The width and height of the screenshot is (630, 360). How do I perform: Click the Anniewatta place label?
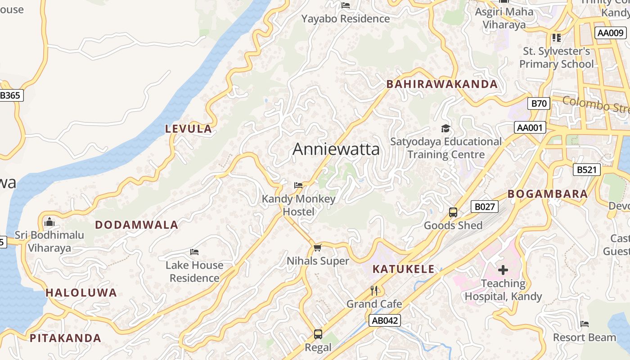pyautogui.click(x=336, y=149)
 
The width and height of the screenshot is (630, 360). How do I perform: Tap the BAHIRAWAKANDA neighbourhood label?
pyautogui.click(x=442, y=84)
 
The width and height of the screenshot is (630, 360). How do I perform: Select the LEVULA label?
pyautogui.click(x=188, y=129)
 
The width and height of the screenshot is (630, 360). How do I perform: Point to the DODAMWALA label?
pyautogui.click(x=136, y=225)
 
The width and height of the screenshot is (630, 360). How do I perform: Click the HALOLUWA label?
pyautogui.click(x=81, y=293)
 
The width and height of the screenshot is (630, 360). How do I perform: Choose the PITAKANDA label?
pyautogui.click(x=65, y=338)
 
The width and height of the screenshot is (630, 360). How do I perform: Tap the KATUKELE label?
pyautogui.click(x=404, y=270)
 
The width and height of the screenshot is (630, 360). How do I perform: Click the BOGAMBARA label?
pyautogui.click(x=548, y=194)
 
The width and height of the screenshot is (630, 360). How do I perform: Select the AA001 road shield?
pyautogui.click(x=530, y=128)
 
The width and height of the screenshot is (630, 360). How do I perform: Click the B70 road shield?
pyautogui.click(x=539, y=103)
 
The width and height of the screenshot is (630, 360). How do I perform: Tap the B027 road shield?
pyautogui.click(x=485, y=207)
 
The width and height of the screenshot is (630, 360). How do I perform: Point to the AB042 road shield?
pyautogui.click(x=384, y=320)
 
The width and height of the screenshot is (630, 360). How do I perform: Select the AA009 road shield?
pyautogui.click(x=610, y=33)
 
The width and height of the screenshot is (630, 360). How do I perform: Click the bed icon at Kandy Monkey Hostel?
pyautogui.click(x=298, y=185)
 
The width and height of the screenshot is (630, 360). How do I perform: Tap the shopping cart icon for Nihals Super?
pyautogui.click(x=318, y=247)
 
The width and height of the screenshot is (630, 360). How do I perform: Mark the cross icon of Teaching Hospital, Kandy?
pyautogui.click(x=503, y=270)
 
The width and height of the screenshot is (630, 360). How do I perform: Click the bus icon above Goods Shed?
pyautogui.click(x=453, y=212)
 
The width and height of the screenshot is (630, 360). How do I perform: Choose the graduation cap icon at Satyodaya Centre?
pyautogui.click(x=445, y=128)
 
